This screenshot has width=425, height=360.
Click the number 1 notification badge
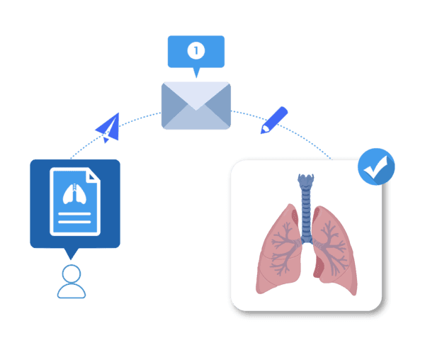pyautogui.click(x=196, y=50)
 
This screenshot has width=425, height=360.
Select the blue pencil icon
pyautogui.click(x=273, y=120)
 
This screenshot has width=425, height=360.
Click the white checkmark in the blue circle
pyautogui.click(x=375, y=167)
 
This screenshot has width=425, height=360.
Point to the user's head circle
pyautogui.click(x=72, y=274)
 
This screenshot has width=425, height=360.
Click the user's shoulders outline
pyautogui.click(x=72, y=291)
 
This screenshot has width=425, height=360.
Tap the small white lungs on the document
pyautogui.click(x=74, y=194)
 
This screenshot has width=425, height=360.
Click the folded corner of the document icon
pyautogui.click(x=92, y=176)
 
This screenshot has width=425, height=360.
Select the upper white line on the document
pyautogui.click(x=74, y=214)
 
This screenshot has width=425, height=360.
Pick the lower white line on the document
pyautogui.click(x=74, y=222)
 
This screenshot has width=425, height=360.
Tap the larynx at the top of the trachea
pyautogui.click(x=306, y=180)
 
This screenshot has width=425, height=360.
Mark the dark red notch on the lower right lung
pyautogui.click(x=318, y=268)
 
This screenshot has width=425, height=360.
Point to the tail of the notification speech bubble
pyautogui.click(x=196, y=72)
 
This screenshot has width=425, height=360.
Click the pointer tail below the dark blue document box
pyautogui.click(x=71, y=254)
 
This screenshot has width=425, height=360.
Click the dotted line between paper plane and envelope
pyautogui.click(x=140, y=118)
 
